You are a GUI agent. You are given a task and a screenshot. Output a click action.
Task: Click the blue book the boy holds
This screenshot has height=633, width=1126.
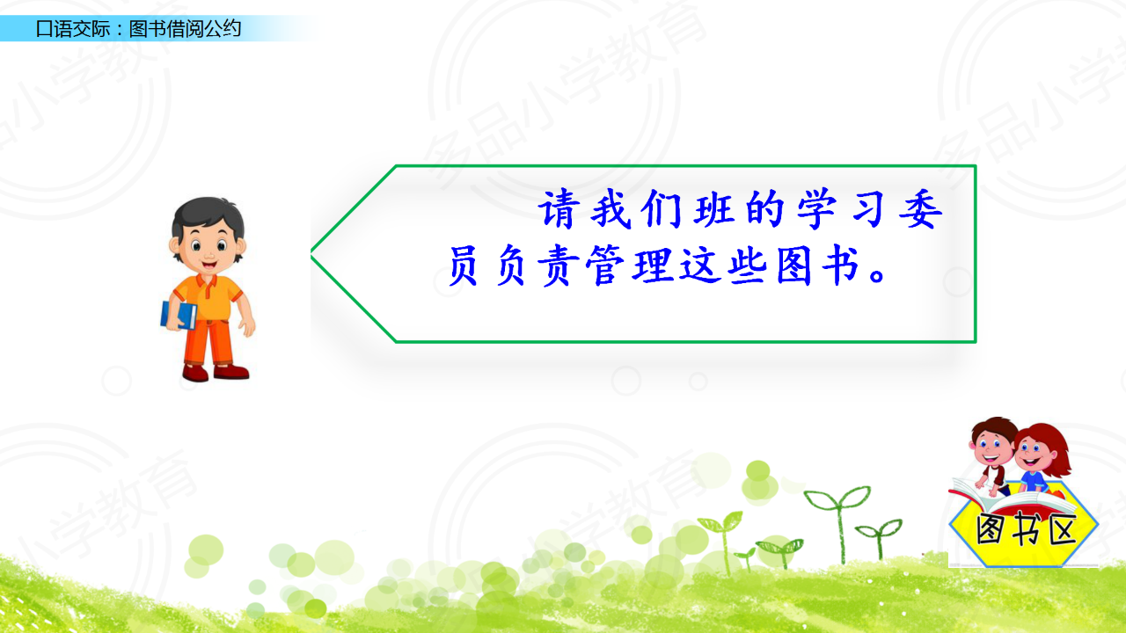coord(179,315)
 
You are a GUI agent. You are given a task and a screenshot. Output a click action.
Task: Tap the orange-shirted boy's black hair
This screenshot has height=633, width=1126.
coord(208,217)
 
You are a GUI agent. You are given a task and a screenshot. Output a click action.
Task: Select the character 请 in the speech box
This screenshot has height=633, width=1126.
coord(559,209)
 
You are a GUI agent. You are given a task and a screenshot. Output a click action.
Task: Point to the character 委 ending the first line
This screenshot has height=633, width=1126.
coord(920,209)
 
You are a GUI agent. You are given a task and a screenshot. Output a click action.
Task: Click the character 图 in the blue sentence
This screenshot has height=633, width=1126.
coord(794,266)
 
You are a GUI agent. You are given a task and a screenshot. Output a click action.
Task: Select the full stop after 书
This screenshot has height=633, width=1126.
coord(878,275)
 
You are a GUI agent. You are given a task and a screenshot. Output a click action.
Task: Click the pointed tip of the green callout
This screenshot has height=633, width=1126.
coord(311,254)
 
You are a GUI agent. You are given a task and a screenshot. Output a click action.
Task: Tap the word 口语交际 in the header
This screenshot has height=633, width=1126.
coord(73,29)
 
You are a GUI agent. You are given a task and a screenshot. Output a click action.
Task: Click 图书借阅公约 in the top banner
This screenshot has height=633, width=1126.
coord(185,29)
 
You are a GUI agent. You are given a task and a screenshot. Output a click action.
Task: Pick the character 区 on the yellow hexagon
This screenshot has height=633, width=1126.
coord(1061,529)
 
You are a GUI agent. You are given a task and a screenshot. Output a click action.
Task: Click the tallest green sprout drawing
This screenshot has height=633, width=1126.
coord(838,522)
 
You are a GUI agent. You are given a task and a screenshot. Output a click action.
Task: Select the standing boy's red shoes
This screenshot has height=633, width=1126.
coord(216,372)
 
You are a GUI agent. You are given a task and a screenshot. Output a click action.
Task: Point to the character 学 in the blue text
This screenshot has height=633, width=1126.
coord(817,209)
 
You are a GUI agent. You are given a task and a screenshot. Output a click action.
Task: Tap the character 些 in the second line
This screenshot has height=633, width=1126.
coord(748,266)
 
